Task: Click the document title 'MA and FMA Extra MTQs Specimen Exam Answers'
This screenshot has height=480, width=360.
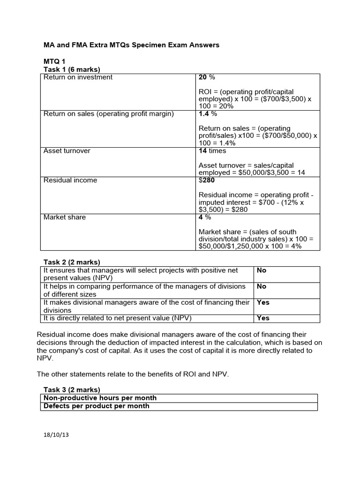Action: [x=131, y=45]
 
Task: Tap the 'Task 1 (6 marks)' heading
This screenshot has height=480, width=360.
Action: [x=72, y=69]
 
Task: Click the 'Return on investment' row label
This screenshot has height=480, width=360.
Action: [x=78, y=77]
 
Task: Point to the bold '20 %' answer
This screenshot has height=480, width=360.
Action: [x=207, y=77]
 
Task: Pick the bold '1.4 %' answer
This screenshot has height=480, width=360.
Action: [x=208, y=114]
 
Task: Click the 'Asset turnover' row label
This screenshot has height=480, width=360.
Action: [x=67, y=151]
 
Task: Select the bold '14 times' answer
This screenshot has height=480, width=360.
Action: [x=212, y=151]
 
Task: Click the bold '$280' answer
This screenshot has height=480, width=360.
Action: [x=207, y=180]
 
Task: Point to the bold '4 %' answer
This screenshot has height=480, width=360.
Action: [x=205, y=217]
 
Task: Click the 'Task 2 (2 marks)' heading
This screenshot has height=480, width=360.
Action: [x=72, y=262]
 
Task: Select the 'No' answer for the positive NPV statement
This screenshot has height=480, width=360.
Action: [x=262, y=270]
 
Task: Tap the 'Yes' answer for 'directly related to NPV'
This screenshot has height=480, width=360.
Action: [x=263, y=318]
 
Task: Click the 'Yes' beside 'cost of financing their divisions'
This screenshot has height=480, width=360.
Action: [x=263, y=302]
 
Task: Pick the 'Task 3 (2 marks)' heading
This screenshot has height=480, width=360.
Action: [x=72, y=390]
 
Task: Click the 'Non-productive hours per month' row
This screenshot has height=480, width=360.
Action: [x=100, y=398]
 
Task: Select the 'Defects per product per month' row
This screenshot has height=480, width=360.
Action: [x=97, y=406]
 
